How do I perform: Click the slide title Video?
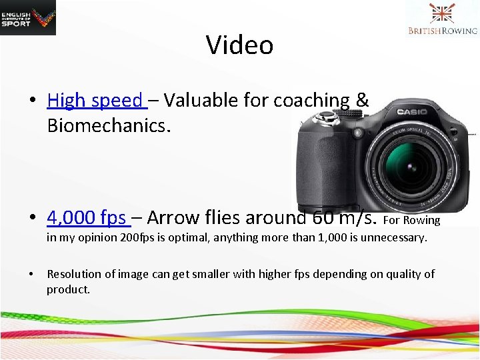(239, 45)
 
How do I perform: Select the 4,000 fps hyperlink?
(86, 218)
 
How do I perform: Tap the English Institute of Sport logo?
(28, 17)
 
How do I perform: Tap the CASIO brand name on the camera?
(411, 112)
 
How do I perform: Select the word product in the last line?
(67, 289)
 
